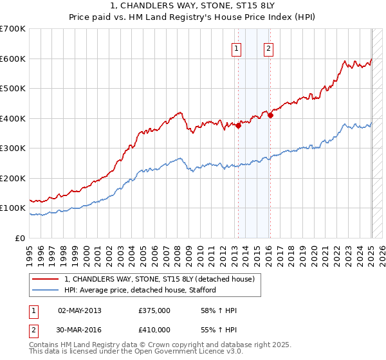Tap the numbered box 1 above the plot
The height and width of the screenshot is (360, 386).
point(237,48)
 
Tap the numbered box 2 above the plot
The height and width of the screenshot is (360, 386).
point(268,48)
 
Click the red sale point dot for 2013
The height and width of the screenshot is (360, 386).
point(238,125)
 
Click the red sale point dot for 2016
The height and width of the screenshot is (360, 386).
point(271,116)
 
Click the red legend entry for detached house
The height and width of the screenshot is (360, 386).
point(160,279)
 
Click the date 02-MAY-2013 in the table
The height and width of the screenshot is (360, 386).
point(79,310)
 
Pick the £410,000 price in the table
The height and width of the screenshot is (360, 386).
point(154,329)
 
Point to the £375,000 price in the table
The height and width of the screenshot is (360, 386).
point(154,310)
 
